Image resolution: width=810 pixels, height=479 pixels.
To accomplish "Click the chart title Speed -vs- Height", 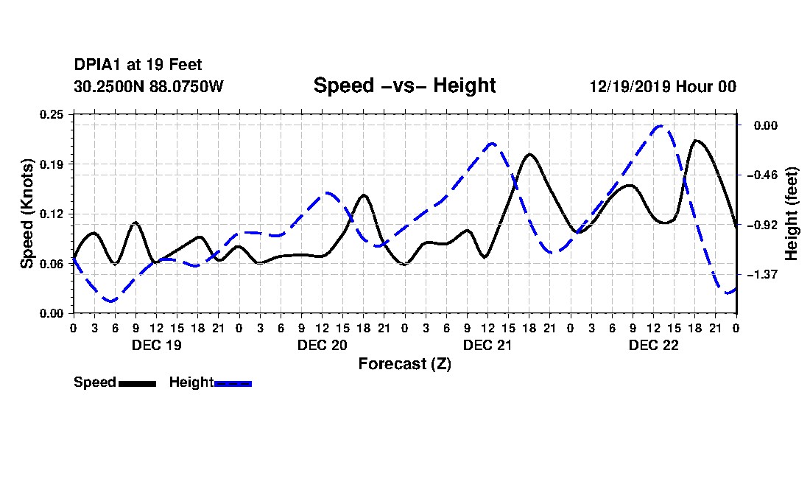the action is (404, 85).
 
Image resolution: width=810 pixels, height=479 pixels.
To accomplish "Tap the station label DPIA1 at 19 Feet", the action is (138, 65).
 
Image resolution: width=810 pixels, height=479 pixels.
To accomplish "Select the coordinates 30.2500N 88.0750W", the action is (149, 86).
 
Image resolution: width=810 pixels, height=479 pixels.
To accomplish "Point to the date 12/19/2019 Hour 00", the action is (663, 86).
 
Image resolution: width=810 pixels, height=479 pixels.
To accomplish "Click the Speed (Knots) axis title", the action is (27, 214).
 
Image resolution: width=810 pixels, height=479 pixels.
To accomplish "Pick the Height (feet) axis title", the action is (791, 214).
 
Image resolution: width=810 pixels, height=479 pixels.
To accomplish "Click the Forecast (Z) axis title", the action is (404, 364).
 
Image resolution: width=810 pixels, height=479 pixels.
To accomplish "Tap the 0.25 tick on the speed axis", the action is (52, 114).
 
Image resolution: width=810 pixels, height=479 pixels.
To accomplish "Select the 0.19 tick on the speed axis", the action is (52, 164).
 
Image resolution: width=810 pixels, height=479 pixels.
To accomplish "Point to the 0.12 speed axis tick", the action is (52, 214).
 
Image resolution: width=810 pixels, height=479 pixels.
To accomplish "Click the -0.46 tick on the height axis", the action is (762, 175).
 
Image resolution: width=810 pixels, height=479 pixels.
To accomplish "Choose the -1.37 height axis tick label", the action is (762, 274).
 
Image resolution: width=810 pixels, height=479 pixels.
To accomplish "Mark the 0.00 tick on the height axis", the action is (766, 125).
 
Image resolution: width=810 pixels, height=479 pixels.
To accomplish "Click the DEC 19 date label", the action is (157, 345).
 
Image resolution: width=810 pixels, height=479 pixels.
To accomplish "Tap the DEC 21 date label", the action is (487, 345).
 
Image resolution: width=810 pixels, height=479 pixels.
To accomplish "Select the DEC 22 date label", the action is (653, 345).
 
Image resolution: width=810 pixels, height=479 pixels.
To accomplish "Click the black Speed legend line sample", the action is (137, 383).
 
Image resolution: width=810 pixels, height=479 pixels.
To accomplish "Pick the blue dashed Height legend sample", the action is (233, 383).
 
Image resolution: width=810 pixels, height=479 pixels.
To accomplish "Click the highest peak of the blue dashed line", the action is (661, 126).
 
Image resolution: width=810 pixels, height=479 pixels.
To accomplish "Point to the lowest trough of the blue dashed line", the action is (110, 301).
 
